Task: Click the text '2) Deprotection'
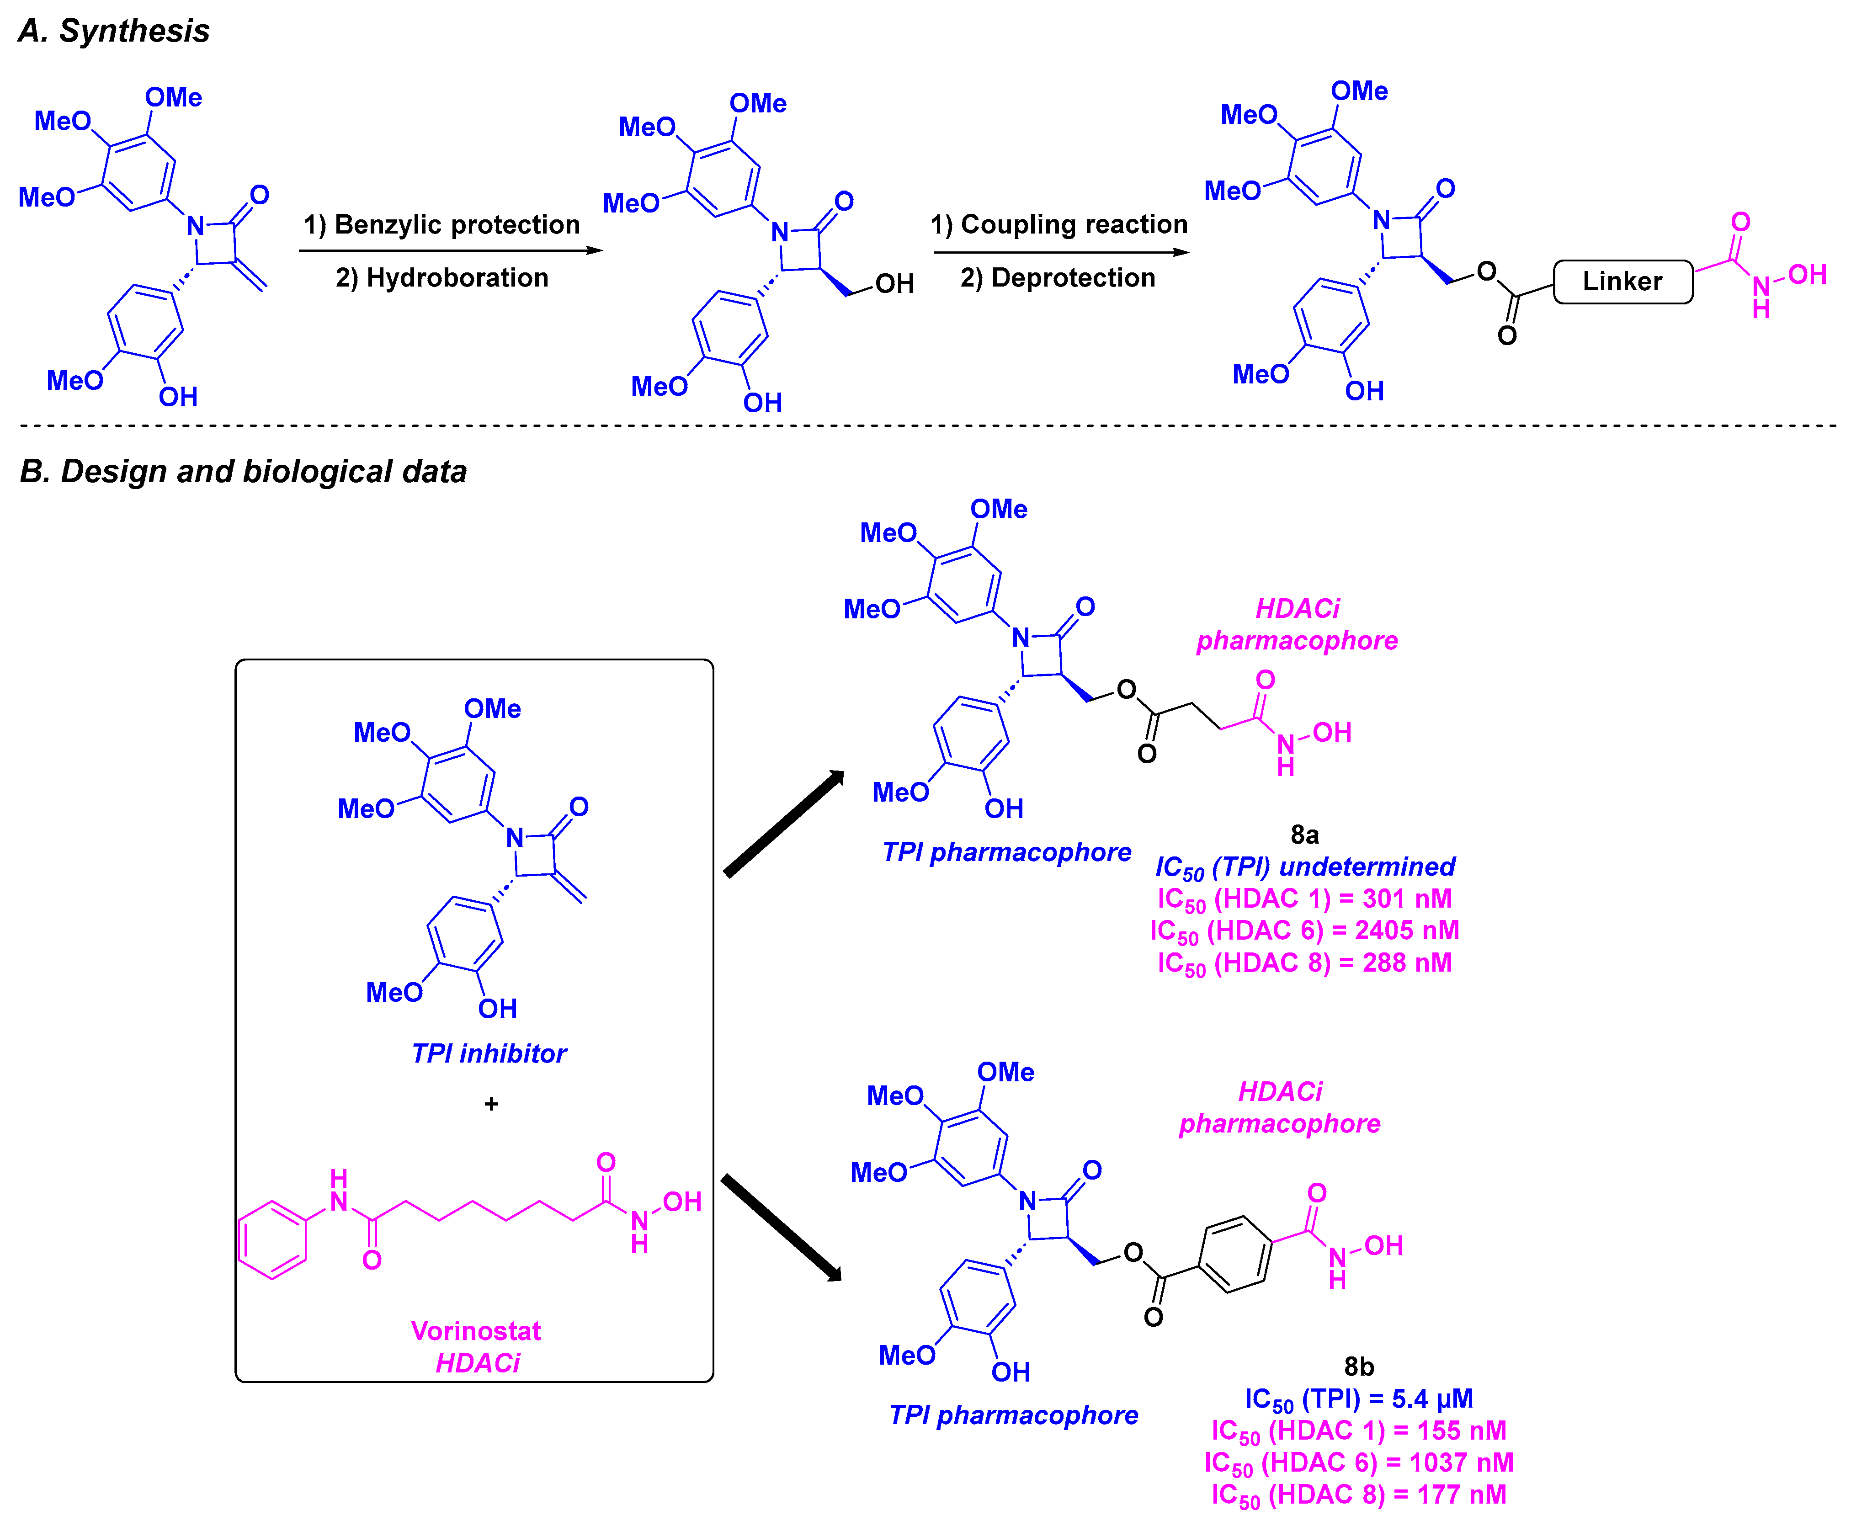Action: [x=1057, y=278]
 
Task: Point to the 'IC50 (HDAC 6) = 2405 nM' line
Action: [x=1304, y=930]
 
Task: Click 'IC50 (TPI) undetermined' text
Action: [x=1304, y=867]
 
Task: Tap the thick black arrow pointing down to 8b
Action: [x=781, y=1227]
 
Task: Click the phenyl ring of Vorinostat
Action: [x=272, y=1239]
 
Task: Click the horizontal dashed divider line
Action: [x=923, y=425]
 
